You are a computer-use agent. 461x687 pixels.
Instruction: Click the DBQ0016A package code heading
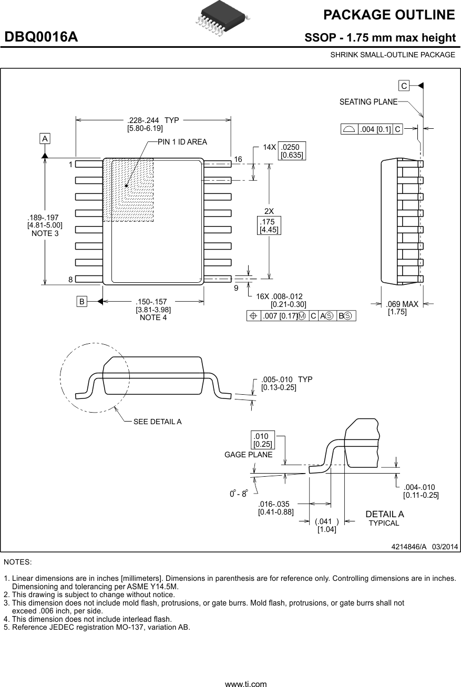[41, 37]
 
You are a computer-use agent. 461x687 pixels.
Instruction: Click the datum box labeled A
[45, 139]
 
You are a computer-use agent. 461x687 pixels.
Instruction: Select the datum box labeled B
[81, 302]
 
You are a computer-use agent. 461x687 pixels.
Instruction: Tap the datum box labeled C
[404, 86]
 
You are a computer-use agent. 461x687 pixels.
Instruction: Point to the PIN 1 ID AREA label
[182, 142]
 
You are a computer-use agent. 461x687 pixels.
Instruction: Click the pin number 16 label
[238, 159]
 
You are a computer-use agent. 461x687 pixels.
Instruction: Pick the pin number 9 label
[236, 288]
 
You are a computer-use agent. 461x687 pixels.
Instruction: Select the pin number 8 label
[70, 280]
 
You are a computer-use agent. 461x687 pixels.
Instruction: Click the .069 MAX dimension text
[402, 304]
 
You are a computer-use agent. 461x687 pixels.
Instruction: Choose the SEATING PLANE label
[368, 102]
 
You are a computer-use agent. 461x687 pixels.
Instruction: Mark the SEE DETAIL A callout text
[157, 422]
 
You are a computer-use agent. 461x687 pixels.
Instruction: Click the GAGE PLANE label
[248, 455]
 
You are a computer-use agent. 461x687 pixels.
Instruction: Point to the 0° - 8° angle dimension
[239, 494]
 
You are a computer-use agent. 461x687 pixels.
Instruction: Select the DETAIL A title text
[384, 514]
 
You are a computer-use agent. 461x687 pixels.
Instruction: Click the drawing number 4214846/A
[409, 547]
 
